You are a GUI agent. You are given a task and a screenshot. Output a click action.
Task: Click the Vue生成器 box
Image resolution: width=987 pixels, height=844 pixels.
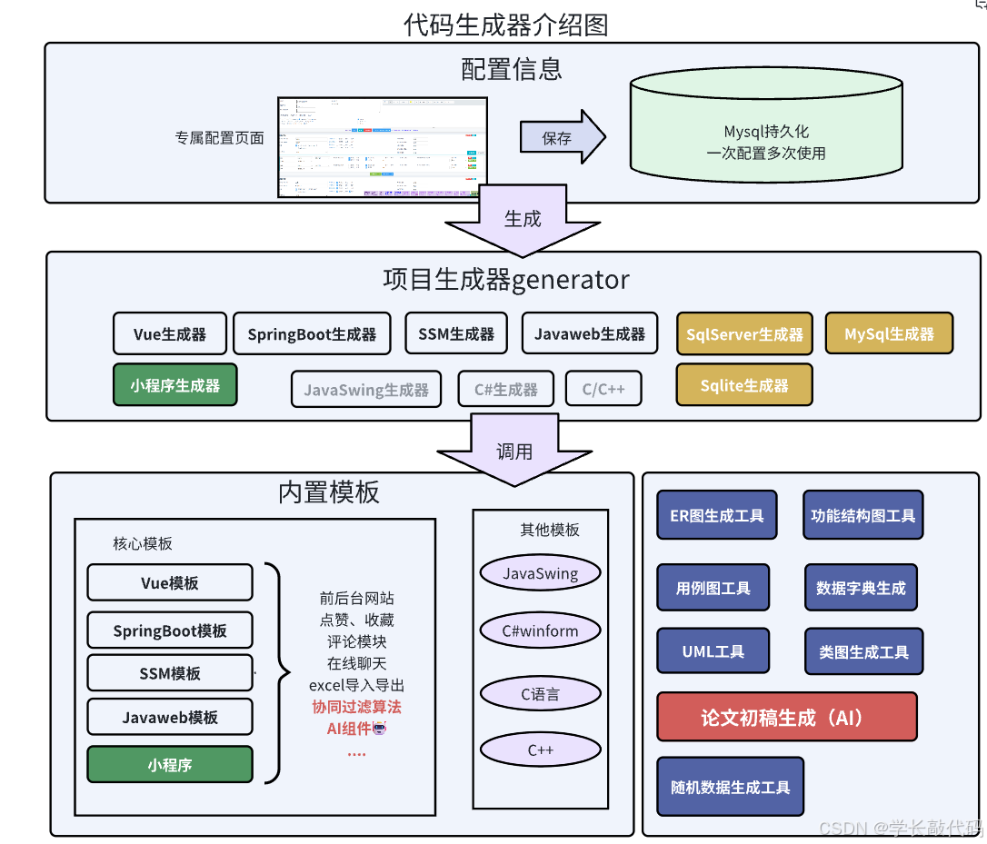pyautogui.click(x=169, y=333)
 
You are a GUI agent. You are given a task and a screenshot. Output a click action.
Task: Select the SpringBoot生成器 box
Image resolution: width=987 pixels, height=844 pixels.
pyautogui.click(x=312, y=333)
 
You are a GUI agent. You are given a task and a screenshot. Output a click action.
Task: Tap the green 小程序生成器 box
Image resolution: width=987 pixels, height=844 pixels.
pyautogui.click(x=174, y=385)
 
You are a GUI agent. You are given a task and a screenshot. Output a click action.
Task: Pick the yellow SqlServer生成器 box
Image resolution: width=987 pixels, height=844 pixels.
pyautogui.click(x=744, y=333)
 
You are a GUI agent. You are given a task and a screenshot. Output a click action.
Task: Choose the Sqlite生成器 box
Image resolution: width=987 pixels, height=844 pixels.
pyautogui.click(x=743, y=385)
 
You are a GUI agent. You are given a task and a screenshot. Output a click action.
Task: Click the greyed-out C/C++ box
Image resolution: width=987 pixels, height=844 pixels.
pyautogui.click(x=603, y=389)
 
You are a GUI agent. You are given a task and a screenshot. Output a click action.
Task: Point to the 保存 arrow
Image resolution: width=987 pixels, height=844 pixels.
pyautogui.click(x=562, y=138)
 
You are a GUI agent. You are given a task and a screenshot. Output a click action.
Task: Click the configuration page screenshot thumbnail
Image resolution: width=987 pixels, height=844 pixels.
pyautogui.click(x=382, y=147)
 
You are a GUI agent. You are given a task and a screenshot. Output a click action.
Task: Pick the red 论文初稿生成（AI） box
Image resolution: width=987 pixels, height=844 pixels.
pyautogui.click(x=786, y=718)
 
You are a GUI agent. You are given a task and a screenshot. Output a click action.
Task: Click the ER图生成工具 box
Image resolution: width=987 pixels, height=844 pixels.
pyautogui.click(x=716, y=515)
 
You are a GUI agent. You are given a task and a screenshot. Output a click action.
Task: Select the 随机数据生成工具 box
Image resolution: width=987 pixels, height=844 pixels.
pyautogui.click(x=730, y=787)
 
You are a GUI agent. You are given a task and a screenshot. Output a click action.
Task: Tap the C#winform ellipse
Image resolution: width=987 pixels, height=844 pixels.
pyautogui.click(x=540, y=631)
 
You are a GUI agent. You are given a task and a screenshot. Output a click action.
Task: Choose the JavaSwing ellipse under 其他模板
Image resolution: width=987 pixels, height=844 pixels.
pyautogui.click(x=540, y=573)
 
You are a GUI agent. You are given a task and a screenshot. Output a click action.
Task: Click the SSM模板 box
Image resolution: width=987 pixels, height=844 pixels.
pyautogui.click(x=170, y=673)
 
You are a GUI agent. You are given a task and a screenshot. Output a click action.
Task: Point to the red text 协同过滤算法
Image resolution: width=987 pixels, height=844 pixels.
pyautogui.click(x=356, y=707)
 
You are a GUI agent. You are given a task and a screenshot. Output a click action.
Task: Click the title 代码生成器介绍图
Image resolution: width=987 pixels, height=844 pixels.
pyautogui.click(x=505, y=25)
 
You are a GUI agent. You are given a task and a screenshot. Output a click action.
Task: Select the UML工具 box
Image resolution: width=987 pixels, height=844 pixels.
pyautogui.click(x=713, y=651)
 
